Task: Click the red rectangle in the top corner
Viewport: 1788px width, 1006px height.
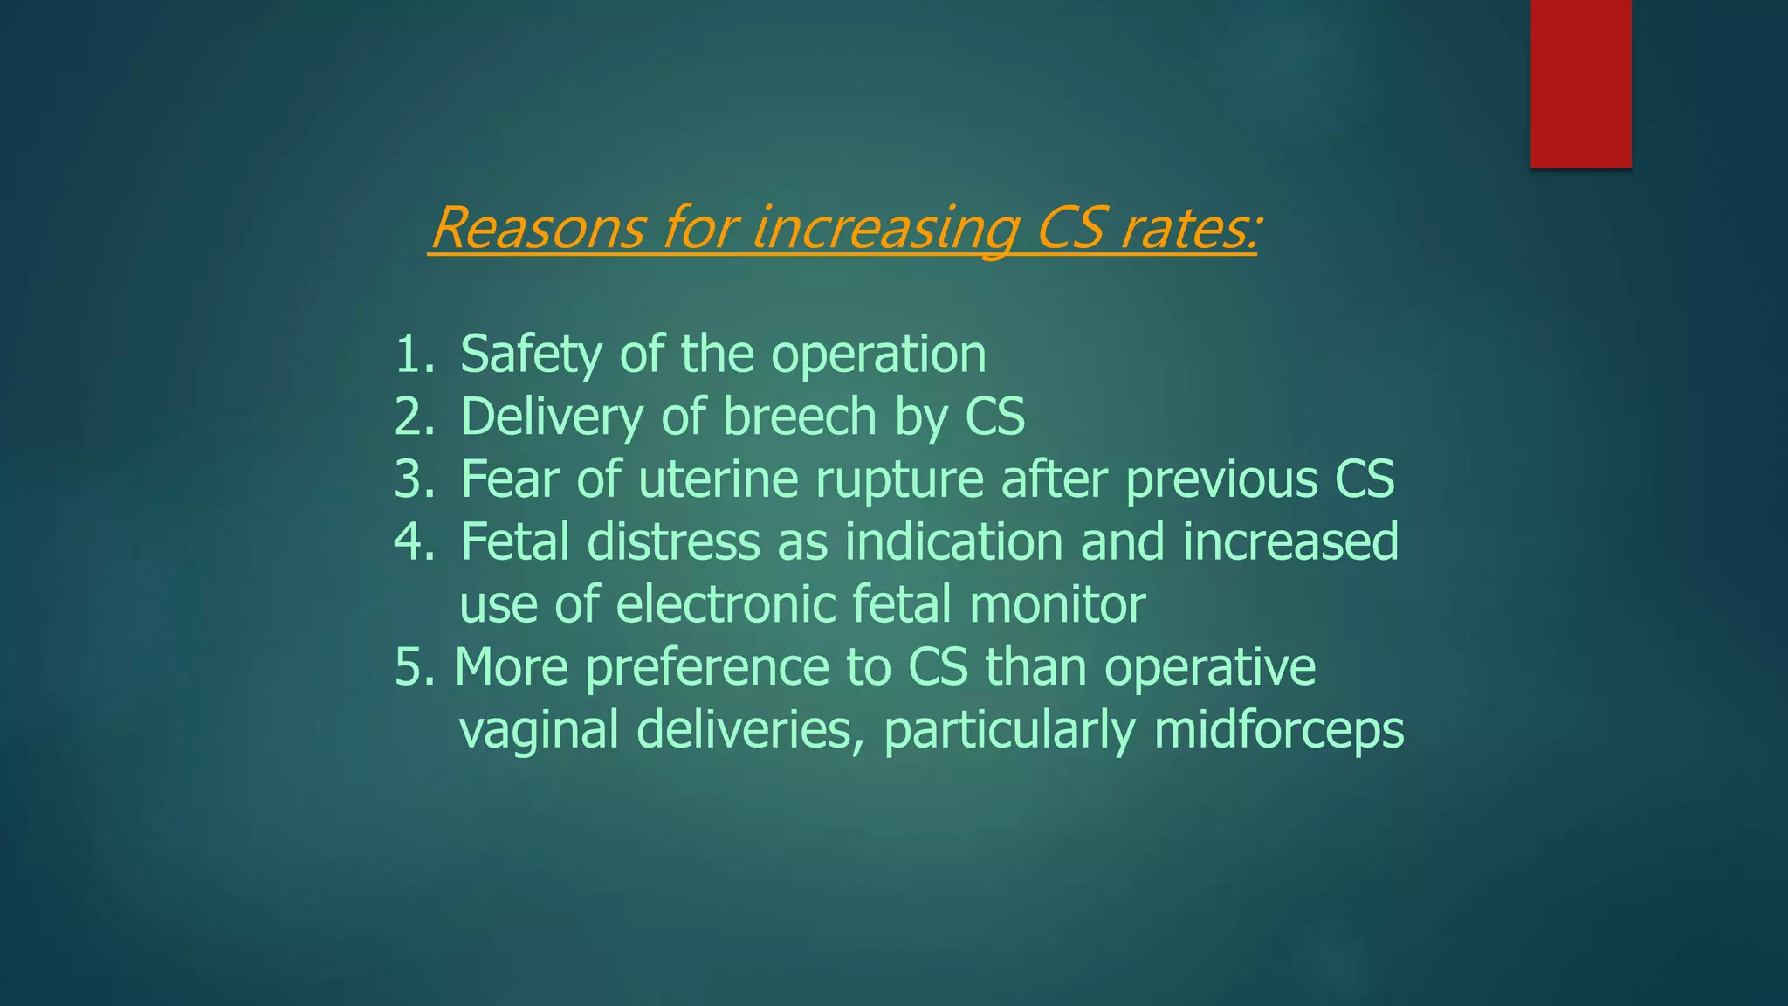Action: [x=1580, y=83]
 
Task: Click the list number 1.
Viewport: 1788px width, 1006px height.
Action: [x=413, y=354]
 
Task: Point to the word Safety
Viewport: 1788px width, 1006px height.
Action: [x=531, y=354]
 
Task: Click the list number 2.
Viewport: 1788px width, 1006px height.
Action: [x=413, y=417]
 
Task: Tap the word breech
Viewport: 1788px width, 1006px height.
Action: [x=799, y=417]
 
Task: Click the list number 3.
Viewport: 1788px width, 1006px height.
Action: [x=413, y=479]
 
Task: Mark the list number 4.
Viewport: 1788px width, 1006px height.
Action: [x=413, y=542]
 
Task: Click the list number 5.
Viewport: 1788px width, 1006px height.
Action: [x=413, y=668]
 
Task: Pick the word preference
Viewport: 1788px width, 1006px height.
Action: [x=706, y=668]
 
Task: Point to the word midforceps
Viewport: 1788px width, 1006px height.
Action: [x=1278, y=730]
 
